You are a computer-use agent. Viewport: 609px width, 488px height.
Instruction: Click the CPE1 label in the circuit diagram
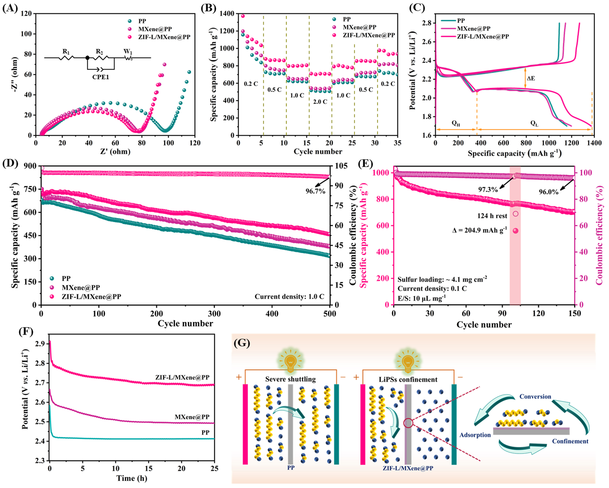101,77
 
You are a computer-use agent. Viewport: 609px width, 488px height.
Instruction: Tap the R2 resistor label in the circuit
99,51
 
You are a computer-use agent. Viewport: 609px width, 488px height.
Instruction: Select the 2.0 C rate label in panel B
320,102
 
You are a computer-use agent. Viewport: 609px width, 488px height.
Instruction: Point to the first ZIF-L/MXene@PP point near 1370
243,16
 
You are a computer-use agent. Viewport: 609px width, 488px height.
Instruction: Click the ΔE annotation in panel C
530,78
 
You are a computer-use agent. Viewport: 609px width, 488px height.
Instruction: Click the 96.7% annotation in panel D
315,191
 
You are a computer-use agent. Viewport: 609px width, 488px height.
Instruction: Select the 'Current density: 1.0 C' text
289,296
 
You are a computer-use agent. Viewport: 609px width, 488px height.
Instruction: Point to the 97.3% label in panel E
488,189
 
